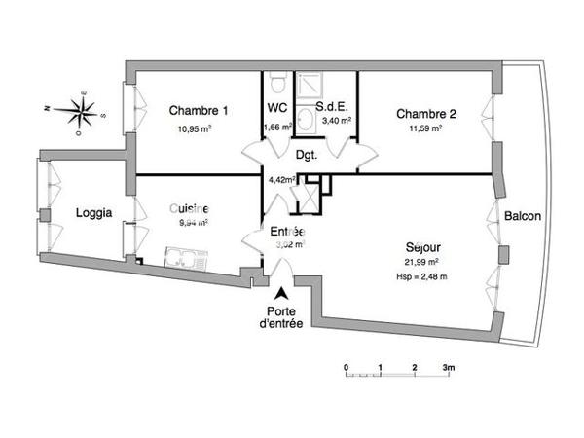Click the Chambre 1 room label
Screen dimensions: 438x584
[x=199, y=110]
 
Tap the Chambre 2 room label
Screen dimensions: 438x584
[x=425, y=113]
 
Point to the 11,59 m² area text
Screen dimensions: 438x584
[x=424, y=128]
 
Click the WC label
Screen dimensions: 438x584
[x=275, y=110]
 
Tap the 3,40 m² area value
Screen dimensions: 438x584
[x=335, y=122]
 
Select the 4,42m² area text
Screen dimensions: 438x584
[x=281, y=178]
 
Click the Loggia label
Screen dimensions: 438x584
[x=94, y=212]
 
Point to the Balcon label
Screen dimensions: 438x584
[x=522, y=216]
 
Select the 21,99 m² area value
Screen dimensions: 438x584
[x=421, y=262]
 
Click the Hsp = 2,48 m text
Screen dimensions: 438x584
[x=421, y=276]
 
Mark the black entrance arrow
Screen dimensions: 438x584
[x=282, y=293]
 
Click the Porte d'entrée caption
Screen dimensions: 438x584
[x=282, y=317]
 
